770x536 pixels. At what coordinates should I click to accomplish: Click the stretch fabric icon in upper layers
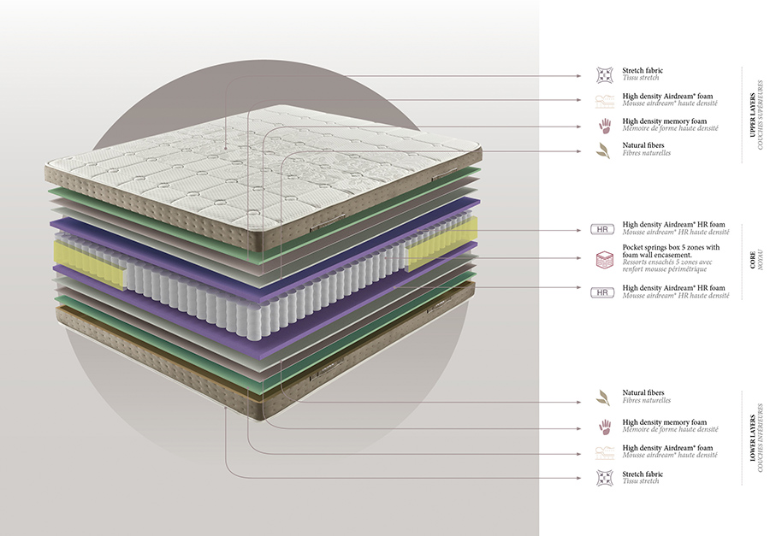tap(604, 75)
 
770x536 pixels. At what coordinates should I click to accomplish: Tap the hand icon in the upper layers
tap(604, 126)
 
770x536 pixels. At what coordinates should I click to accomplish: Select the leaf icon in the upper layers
tap(604, 151)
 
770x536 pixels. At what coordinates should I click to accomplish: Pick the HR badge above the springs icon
tap(603, 229)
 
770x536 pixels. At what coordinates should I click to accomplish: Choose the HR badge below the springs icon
tap(603, 292)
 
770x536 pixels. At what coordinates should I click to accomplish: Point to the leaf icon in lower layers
tap(604, 398)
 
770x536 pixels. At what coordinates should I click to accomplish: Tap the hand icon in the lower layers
tap(604, 426)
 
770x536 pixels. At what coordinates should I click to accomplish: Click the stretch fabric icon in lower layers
tap(604, 477)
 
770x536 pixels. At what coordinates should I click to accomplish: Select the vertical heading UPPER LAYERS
tap(753, 115)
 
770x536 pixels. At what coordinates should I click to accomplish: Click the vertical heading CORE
tap(753, 261)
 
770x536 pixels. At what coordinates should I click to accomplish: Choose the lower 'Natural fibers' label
tap(643, 393)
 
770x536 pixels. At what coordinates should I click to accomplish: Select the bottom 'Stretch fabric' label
tap(643, 474)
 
